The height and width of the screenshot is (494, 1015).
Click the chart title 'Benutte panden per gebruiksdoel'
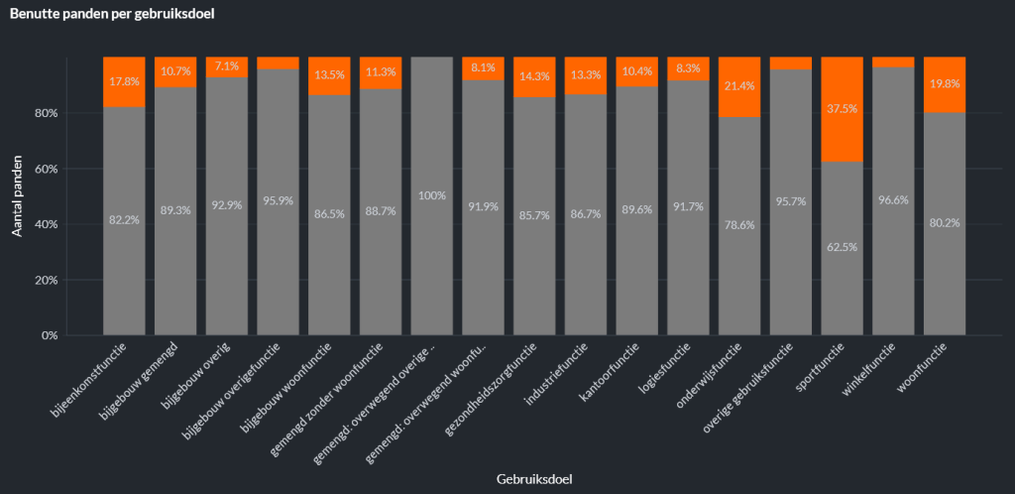coord(113,15)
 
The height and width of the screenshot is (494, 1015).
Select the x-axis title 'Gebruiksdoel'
coord(534,478)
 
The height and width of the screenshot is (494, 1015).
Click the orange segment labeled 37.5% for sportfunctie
coord(842,109)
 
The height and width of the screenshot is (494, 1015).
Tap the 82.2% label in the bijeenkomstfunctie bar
coord(124,219)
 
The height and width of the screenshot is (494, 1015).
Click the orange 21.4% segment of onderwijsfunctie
coord(738,86)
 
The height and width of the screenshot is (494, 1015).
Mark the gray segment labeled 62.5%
coord(842,248)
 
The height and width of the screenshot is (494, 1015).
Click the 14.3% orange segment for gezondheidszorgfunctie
coord(534,76)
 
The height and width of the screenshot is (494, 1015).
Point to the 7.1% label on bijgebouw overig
coord(226,66)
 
